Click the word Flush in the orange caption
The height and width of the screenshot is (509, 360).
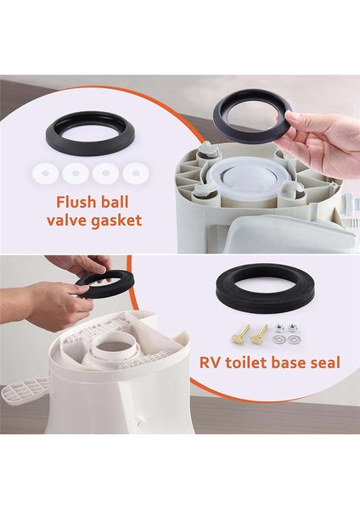(76, 202)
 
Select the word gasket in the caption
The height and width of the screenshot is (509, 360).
(116, 221)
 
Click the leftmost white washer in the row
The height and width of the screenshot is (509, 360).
(46, 173)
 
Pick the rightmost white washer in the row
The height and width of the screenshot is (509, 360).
(136, 173)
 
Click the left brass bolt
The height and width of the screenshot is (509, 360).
(240, 334)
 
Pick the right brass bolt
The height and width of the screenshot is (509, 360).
(259, 334)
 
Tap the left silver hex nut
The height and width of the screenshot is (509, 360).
(278, 328)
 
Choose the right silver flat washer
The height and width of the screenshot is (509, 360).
(294, 340)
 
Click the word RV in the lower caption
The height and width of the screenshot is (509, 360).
(209, 362)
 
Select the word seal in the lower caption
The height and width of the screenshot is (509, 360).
(324, 362)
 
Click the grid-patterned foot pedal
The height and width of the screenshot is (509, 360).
(25, 389)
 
